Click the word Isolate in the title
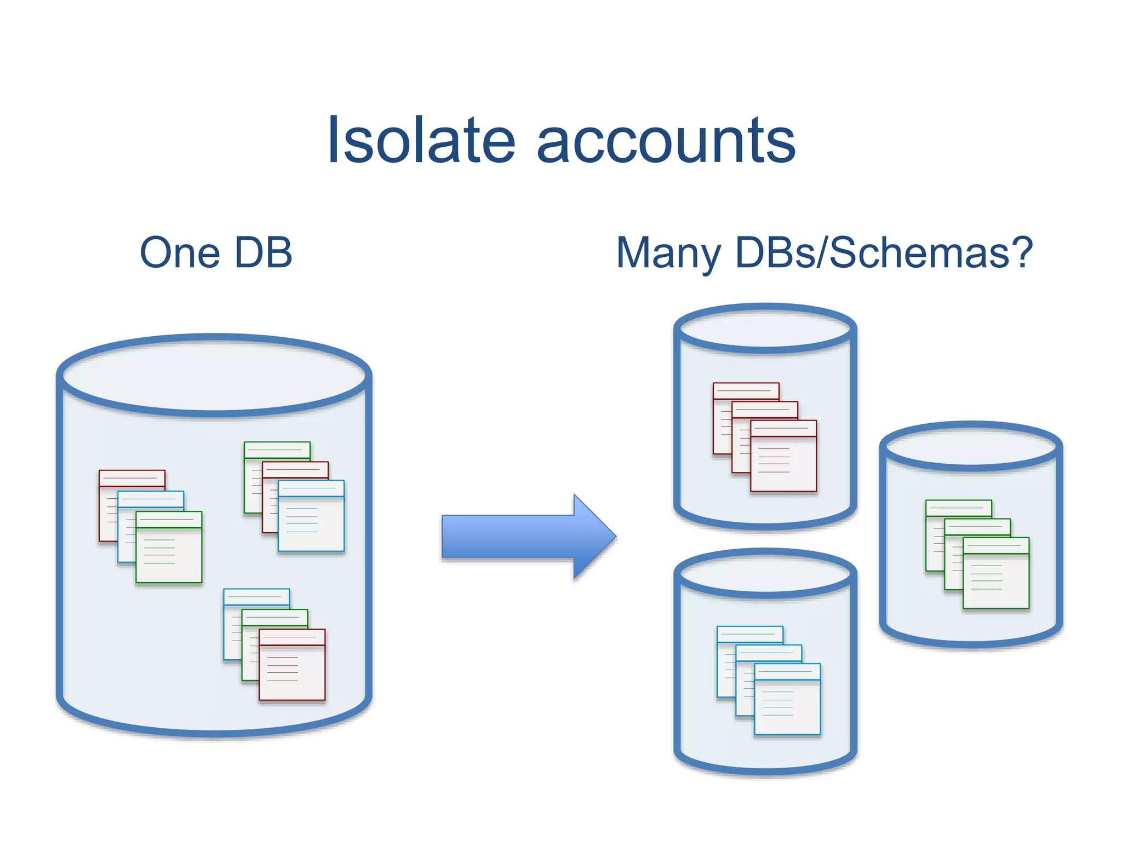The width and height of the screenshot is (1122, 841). click(x=421, y=141)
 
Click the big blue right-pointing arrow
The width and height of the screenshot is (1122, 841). click(x=526, y=537)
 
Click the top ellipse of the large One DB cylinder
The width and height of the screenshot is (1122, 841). click(x=214, y=376)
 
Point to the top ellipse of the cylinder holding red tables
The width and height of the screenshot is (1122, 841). click(x=765, y=329)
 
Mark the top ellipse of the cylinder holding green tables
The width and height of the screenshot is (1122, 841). click(x=971, y=447)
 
